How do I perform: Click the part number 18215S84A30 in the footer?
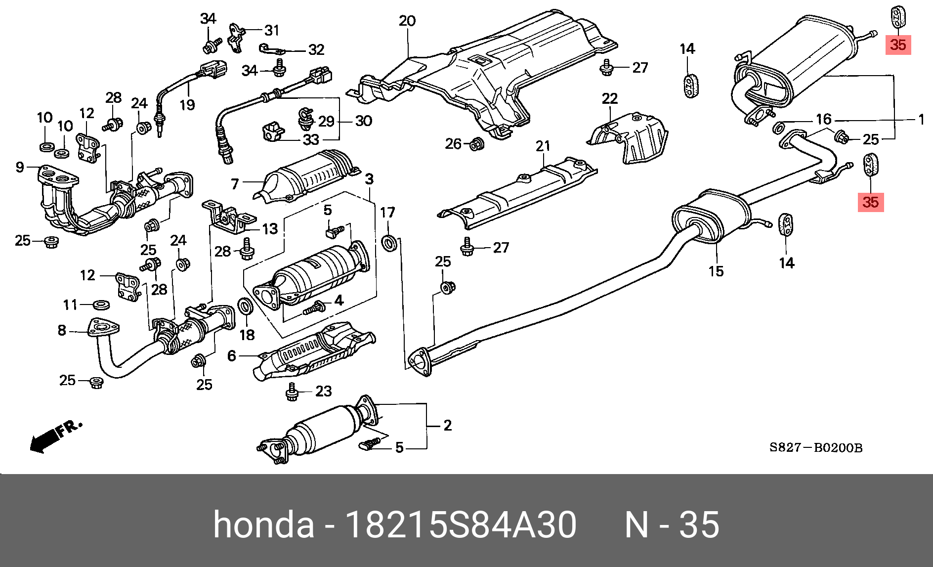point(461,524)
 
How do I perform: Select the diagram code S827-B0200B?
point(815,448)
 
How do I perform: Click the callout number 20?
point(407,21)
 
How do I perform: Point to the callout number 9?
point(20,167)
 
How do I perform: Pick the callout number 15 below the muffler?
point(716,271)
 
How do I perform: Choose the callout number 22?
point(610,98)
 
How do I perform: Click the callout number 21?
point(543,146)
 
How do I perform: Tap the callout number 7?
point(235,184)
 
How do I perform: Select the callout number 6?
point(231,355)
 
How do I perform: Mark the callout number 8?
point(62,330)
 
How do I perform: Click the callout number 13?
point(270,229)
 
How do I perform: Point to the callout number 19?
point(187,105)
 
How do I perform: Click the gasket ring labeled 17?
point(389,243)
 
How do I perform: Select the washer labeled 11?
point(101,304)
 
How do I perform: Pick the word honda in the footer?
point(263,524)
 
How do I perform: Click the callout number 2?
point(447,425)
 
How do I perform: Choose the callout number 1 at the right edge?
point(921,120)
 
